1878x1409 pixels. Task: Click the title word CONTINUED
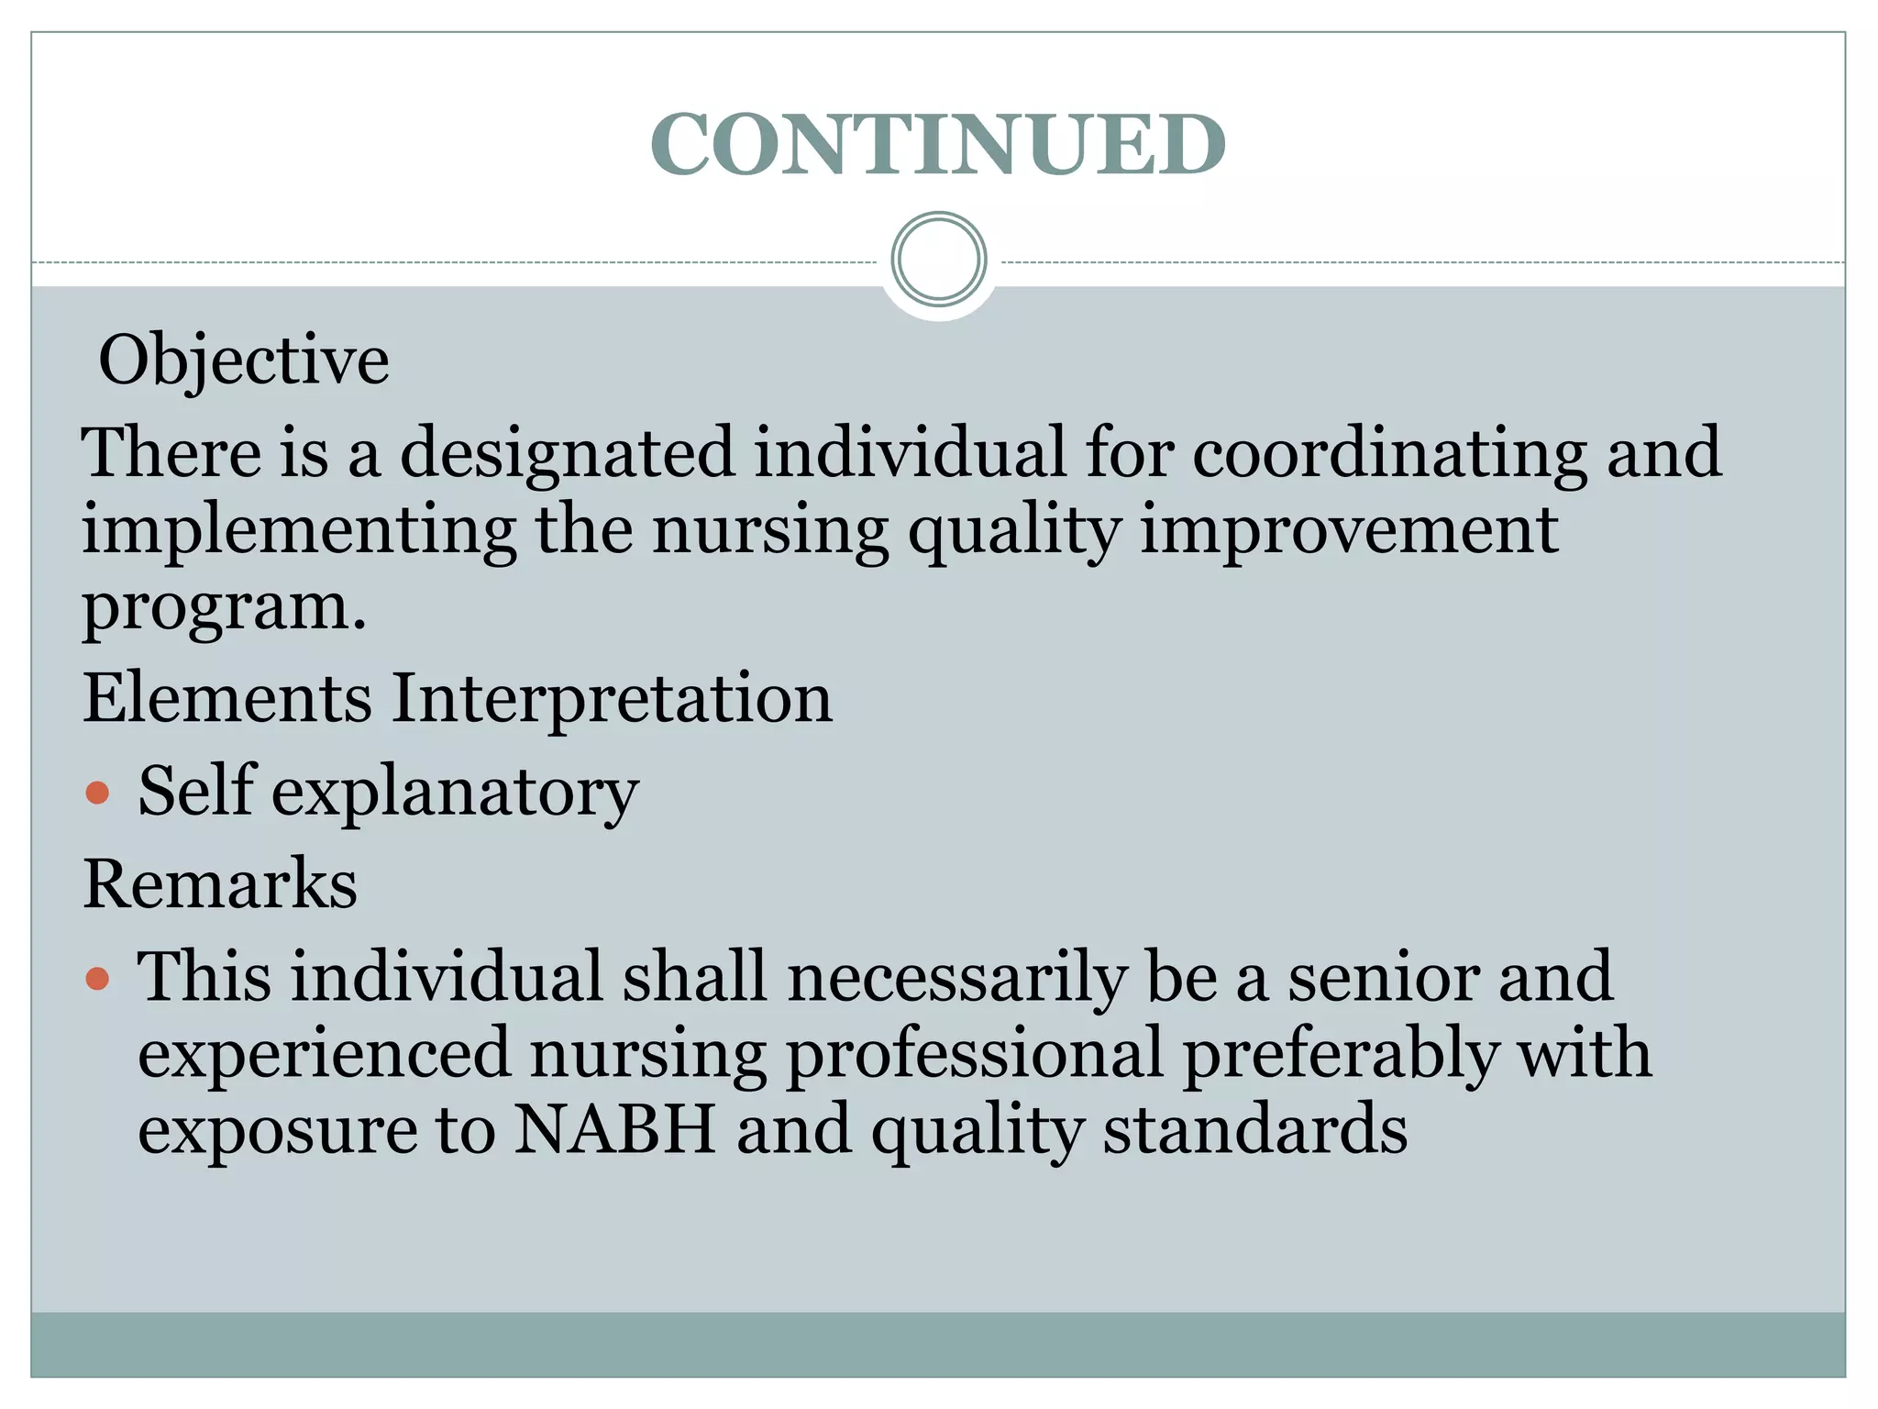pos(937,144)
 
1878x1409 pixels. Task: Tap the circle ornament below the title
pos(938,260)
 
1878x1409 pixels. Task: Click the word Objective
pos(244,360)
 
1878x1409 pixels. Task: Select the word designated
pos(568,453)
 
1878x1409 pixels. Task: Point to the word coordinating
pos(1389,453)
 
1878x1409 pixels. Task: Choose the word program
pos(224,607)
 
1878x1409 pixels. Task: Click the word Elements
pos(227,698)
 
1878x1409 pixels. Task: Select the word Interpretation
pos(613,698)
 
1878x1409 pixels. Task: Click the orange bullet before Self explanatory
pos(97,792)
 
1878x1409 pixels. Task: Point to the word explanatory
pos(455,792)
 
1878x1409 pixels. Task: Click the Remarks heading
pos(220,884)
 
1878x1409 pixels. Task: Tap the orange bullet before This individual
pos(97,978)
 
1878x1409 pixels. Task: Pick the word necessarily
pos(956,978)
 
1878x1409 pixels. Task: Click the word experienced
pos(324,1054)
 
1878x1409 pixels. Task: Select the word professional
pos(975,1054)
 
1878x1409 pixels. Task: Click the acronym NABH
pos(614,1130)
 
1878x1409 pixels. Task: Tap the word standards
pos(1254,1130)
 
